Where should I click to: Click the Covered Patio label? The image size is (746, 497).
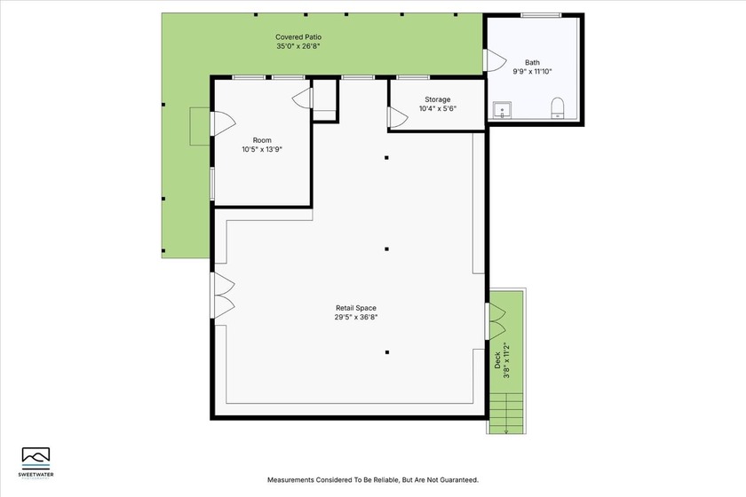tap(298, 37)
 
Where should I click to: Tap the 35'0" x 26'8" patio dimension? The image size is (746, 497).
tap(298, 46)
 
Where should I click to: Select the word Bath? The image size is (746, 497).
tap(532, 63)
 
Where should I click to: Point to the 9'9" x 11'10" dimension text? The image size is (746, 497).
tap(532, 72)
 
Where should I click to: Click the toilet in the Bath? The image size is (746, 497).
tap(558, 108)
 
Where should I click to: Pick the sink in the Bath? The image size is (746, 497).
tap(502, 111)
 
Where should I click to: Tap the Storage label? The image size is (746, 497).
tap(437, 99)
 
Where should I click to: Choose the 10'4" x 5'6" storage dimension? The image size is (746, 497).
tap(437, 109)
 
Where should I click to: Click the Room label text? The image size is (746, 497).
tap(262, 140)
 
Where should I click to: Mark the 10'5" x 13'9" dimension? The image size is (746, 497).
tap(262, 150)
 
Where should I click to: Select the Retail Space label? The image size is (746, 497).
tap(355, 308)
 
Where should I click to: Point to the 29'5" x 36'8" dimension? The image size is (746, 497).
tap(355, 317)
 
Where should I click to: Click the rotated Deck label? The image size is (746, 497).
tap(497, 359)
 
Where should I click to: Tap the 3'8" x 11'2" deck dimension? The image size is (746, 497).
tap(507, 359)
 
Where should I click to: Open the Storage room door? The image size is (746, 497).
tap(395, 116)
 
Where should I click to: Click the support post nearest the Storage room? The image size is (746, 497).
tap(386, 158)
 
